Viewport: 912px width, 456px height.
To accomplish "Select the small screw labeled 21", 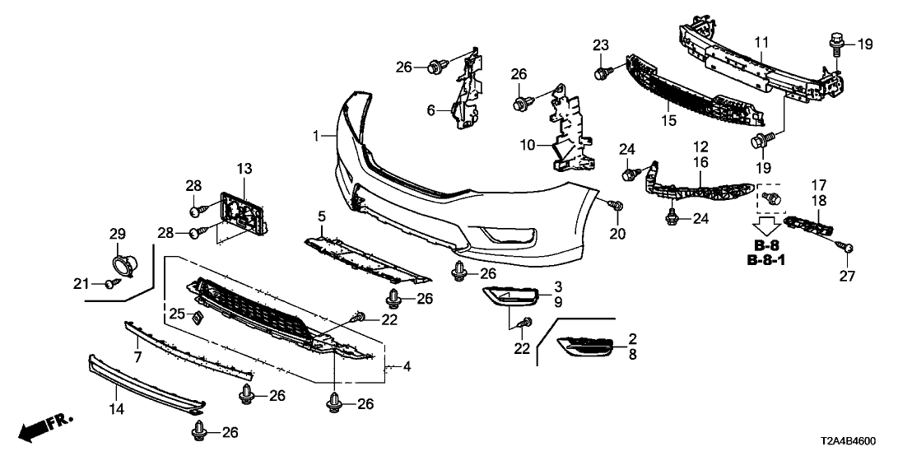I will tap(109, 285).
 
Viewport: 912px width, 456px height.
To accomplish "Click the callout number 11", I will tap(761, 40).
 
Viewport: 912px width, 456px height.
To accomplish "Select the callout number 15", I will tap(669, 121).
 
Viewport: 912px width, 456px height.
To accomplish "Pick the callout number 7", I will tap(137, 357).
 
